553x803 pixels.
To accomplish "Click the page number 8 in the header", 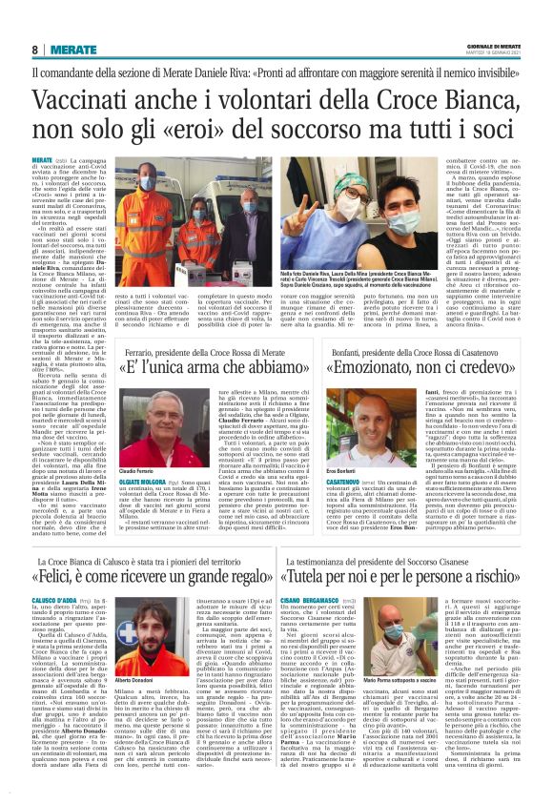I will point(35,49).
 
